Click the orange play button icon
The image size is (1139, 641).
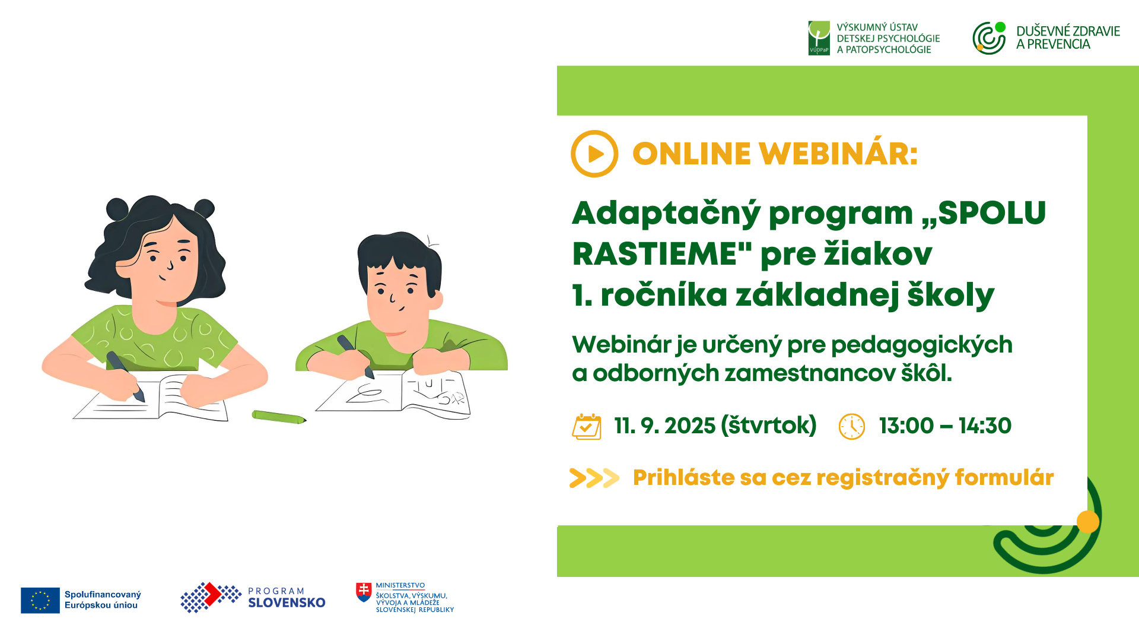point(594,154)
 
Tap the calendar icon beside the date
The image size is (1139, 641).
point(587,426)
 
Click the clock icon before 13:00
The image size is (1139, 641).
point(852,426)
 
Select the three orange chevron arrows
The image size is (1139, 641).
point(594,478)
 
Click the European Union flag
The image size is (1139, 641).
point(40,600)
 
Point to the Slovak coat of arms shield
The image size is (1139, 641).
point(364,592)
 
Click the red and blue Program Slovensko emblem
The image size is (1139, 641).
point(211,597)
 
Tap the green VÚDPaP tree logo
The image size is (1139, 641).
point(819,38)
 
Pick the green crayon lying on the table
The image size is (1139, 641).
point(279,417)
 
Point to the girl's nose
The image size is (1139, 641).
point(170,265)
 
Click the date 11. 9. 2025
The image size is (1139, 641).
point(665,426)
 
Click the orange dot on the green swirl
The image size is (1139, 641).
point(1088,522)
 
